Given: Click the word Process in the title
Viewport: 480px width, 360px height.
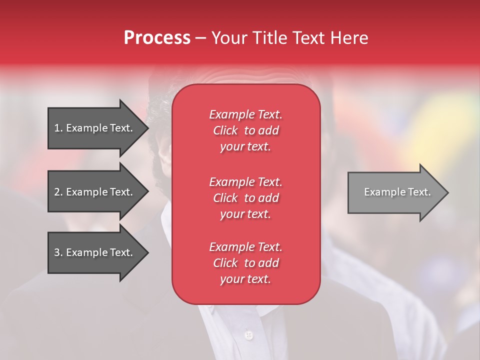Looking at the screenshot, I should pyautogui.click(x=157, y=38).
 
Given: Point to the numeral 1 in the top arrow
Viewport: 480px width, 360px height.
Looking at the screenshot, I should pyautogui.click(x=56, y=128).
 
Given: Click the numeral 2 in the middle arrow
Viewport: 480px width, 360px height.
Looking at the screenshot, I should pyautogui.click(x=57, y=192).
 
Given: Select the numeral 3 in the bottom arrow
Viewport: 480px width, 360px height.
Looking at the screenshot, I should pyautogui.click(x=57, y=252).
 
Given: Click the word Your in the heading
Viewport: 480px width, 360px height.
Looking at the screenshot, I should pyautogui.click(x=228, y=38).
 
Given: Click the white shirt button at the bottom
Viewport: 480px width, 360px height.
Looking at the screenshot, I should pyautogui.click(x=248, y=334).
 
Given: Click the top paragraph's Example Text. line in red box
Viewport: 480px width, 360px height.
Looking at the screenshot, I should pyautogui.click(x=245, y=114).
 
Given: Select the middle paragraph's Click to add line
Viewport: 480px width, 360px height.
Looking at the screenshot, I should pyautogui.click(x=245, y=198).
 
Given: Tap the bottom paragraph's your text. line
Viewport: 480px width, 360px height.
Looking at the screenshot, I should pyautogui.click(x=245, y=279).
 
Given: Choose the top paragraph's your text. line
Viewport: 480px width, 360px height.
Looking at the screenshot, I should pyautogui.click(x=245, y=147).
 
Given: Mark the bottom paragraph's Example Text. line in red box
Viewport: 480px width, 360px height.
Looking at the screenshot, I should pyautogui.click(x=245, y=247).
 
